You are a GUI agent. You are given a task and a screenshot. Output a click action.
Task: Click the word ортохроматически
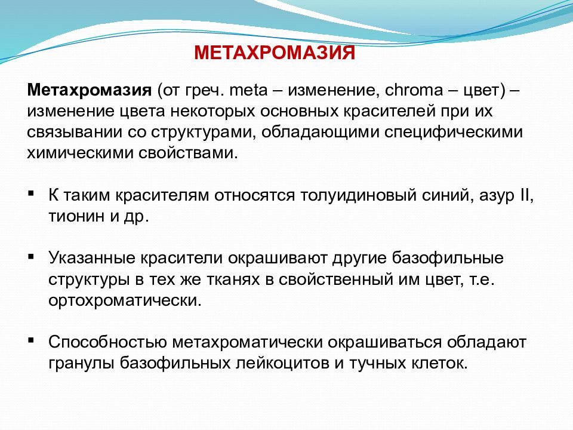125,299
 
